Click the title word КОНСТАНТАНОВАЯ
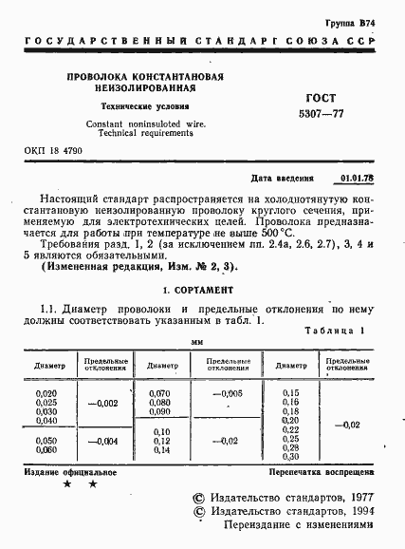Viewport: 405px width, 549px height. [x=180, y=75]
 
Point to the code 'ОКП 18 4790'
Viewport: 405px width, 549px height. [x=53, y=152]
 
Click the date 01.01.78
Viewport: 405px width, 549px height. [x=356, y=178]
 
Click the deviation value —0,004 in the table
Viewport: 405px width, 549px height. [x=102, y=441]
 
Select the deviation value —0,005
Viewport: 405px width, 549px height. [x=228, y=393]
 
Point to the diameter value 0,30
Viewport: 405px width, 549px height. [x=290, y=456]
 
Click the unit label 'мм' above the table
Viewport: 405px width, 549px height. [x=197, y=341]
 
